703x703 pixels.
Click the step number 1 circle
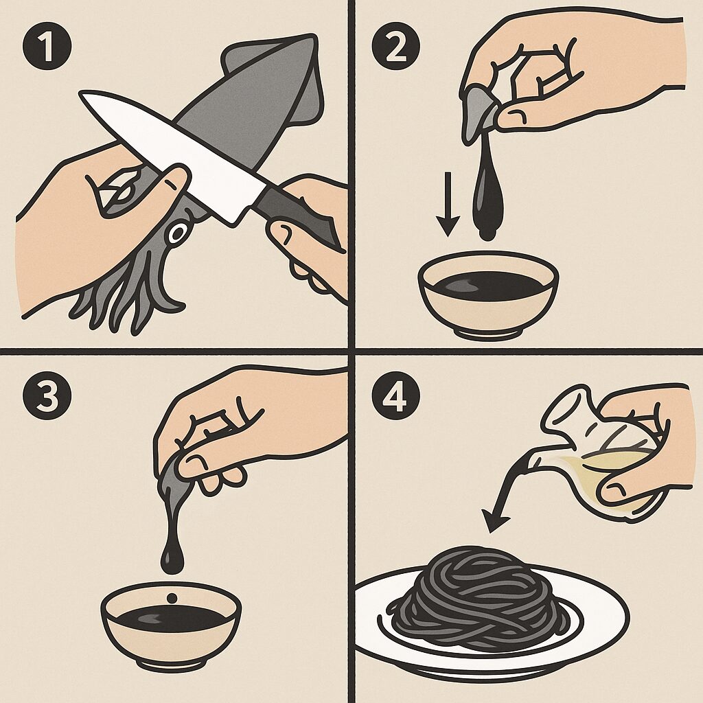pyautogui.click(x=47, y=46)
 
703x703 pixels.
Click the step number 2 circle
pyautogui.click(x=395, y=46)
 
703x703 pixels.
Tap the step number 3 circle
pyautogui.click(x=47, y=395)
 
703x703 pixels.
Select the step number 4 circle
pyautogui.click(x=395, y=395)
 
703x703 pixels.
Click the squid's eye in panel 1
pyautogui.click(x=177, y=233)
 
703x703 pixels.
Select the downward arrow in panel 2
pyautogui.click(x=448, y=204)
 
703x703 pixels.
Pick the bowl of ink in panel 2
pyautogui.click(x=488, y=294)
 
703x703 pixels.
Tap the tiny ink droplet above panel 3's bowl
pyautogui.click(x=172, y=598)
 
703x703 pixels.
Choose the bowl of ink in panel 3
pyautogui.click(x=171, y=625)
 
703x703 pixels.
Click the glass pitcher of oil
pyautogui.click(x=606, y=453)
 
